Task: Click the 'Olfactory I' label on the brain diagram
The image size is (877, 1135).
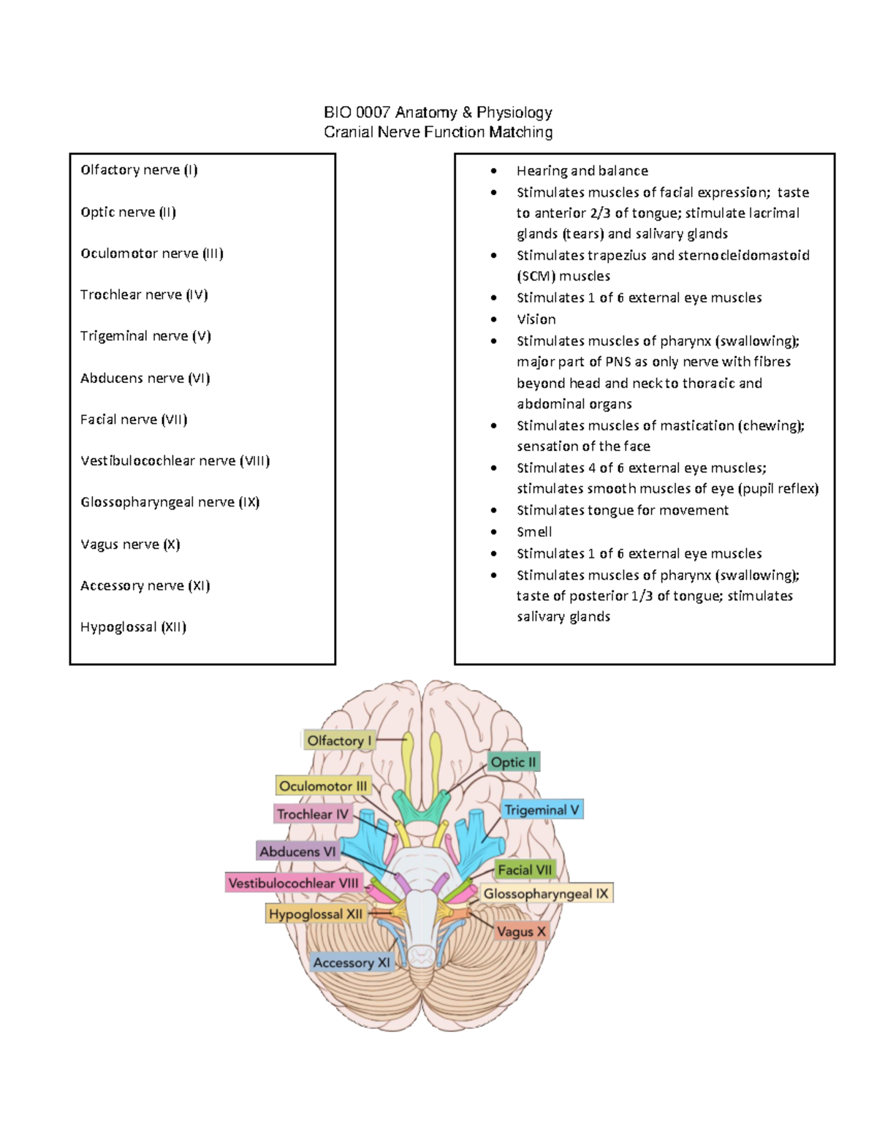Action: [339, 740]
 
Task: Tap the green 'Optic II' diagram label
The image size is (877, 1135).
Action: [513, 762]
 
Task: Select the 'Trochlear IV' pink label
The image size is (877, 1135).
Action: [313, 814]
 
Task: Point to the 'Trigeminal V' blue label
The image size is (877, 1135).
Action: [542, 810]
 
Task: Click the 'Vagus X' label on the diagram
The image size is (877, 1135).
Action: [521, 932]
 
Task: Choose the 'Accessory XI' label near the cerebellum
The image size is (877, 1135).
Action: [352, 963]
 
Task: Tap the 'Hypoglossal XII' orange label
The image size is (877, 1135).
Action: [315, 914]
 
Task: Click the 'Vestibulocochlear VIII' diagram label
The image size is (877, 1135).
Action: [294, 883]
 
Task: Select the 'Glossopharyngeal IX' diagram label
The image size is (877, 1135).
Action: [546, 894]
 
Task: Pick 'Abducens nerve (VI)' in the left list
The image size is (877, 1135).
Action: [145, 378]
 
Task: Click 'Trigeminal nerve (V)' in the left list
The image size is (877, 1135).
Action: [145, 336]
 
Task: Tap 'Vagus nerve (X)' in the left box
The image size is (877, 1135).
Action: [130, 544]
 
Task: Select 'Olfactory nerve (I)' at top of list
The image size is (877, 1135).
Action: [139, 170]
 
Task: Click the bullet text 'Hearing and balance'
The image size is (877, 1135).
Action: [582, 171]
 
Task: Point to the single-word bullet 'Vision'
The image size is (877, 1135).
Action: [536, 319]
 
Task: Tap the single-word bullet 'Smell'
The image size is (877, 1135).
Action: [534, 532]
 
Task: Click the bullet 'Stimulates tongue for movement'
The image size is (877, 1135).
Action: [622, 510]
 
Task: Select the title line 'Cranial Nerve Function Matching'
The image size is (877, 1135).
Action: [438, 132]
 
